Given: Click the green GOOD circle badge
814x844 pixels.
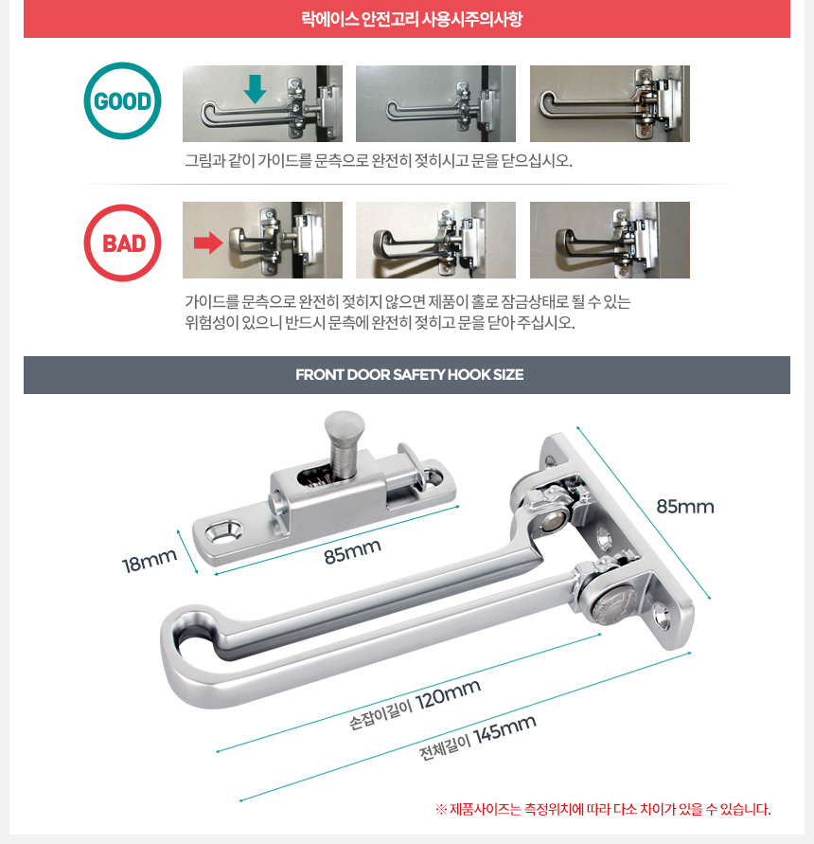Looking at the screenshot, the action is tap(122, 101).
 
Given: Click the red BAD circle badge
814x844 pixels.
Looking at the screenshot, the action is tap(122, 242).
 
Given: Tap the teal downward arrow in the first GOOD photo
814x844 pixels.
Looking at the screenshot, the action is tap(255, 89).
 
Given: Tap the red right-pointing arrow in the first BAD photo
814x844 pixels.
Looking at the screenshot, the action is tap(208, 242).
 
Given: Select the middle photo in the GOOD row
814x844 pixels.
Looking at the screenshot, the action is tap(435, 104).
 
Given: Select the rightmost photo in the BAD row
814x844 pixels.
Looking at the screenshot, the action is tap(610, 240).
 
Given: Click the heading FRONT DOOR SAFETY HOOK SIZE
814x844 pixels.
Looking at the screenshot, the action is tap(410, 374).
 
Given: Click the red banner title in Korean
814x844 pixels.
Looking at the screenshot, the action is tap(412, 19).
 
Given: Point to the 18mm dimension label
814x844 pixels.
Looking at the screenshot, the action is tap(149, 561).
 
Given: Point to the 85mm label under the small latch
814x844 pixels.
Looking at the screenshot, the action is tap(353, 551).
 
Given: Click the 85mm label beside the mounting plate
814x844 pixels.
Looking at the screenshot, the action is tap(685, 507).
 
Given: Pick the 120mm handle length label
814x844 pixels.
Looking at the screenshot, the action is tap(415, 704).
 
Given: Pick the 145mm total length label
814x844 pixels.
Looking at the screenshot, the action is tap(478, 737).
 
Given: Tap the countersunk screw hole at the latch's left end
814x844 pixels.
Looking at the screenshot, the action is tap(223, 531).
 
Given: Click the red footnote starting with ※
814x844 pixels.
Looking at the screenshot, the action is tap(603, 809).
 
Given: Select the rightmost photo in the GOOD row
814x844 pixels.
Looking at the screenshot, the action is tap(610, 104).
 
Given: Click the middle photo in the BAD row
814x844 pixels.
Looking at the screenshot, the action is tap(435, 240).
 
